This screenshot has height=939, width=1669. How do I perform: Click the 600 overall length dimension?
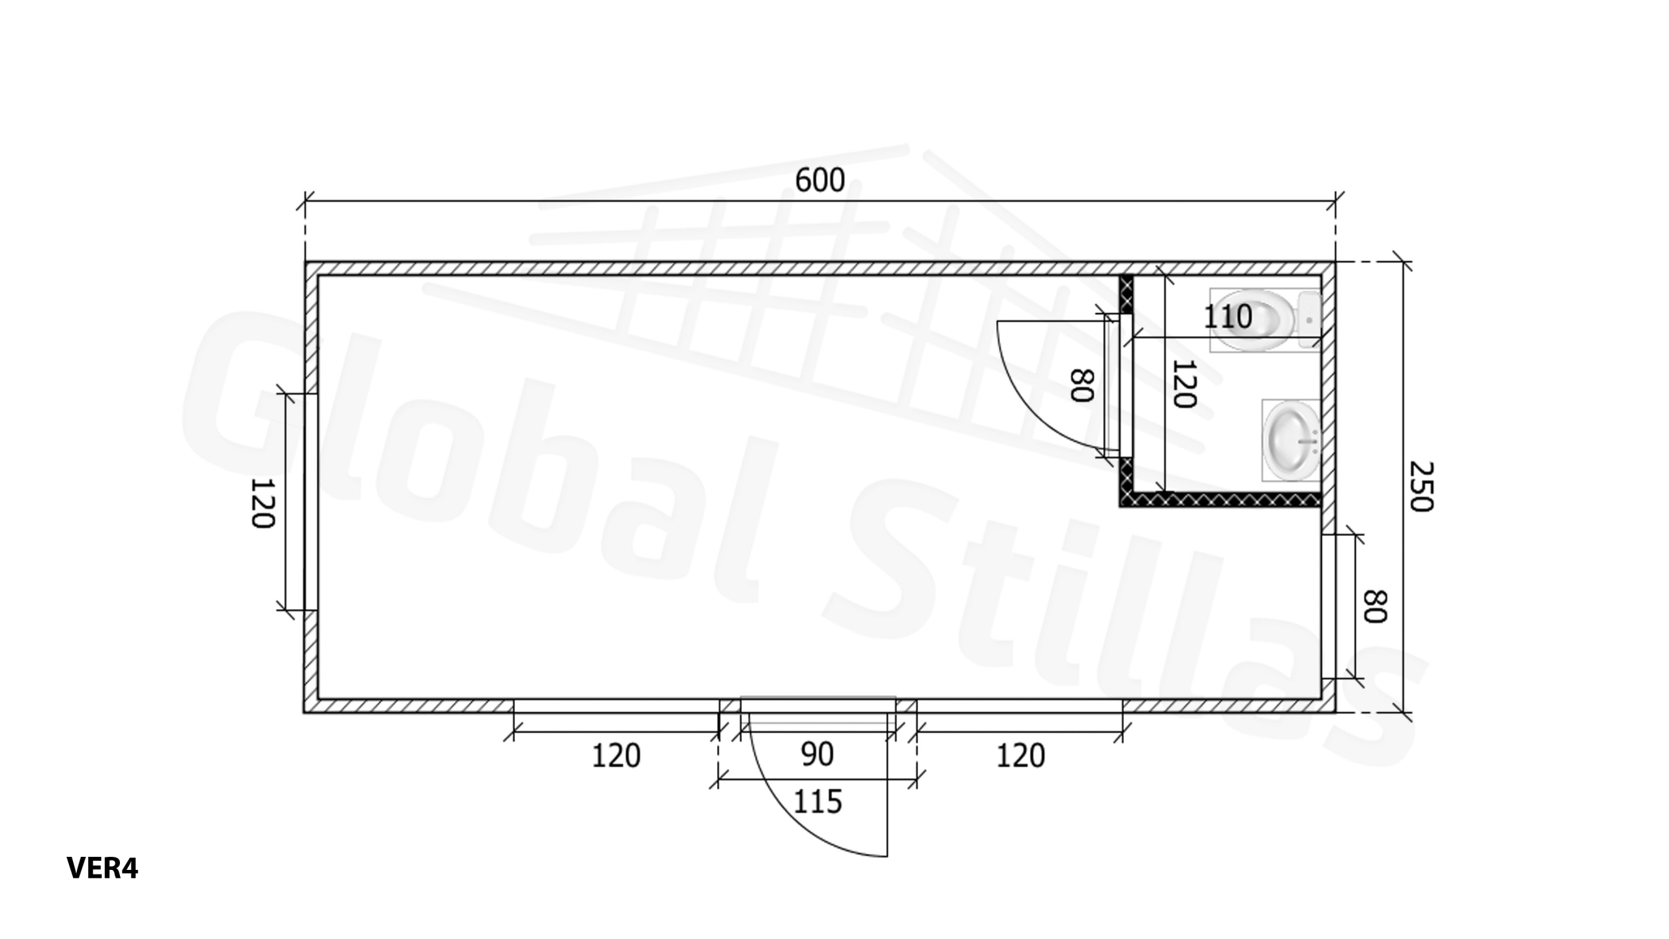point(820,180)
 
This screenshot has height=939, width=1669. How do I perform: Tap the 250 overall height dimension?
point(1421,486)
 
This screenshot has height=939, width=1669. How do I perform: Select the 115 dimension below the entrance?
point(818,801)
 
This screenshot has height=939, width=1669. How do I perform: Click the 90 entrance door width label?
point(817,754)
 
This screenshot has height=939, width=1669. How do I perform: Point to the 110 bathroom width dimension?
point(1228,318)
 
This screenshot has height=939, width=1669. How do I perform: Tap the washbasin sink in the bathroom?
point(1292,440)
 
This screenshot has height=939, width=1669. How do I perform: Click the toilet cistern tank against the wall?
point(1309,320)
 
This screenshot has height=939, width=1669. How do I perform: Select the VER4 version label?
point(102,868)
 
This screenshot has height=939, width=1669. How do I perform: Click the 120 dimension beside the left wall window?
point(263,503)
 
